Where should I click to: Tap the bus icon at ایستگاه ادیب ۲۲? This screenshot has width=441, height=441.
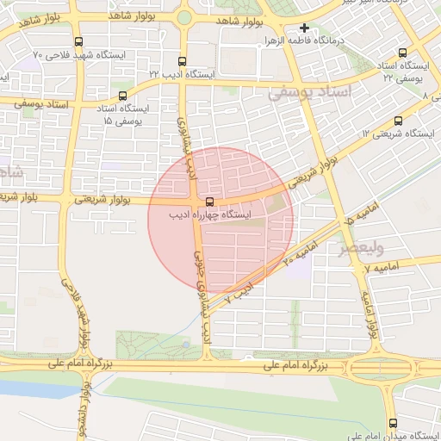click(181, 62)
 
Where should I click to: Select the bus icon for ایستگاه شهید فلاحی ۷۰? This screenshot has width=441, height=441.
click(79, 41)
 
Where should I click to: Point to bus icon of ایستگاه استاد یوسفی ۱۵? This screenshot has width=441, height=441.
click(122, 96)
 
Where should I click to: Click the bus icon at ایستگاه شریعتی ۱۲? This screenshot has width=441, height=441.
click(397, 121)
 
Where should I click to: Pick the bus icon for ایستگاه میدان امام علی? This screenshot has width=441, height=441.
click(394, 423)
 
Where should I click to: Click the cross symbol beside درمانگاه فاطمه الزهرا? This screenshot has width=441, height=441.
click(303, 28)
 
